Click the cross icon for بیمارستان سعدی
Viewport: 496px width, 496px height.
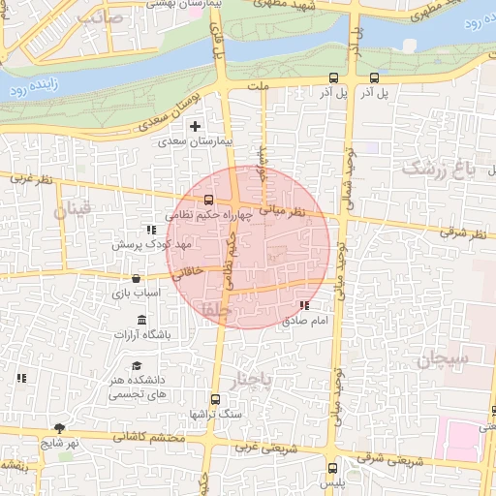(x=196, y=126)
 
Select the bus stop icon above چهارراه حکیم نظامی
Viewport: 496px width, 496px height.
(x=208, y=201)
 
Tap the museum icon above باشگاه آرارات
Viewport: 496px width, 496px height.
(x=142, y=321)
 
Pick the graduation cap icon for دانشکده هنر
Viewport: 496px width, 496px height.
(x=136, y=365)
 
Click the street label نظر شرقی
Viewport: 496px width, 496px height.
(x=459, y=232)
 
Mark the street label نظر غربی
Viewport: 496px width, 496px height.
(x=30, y=178)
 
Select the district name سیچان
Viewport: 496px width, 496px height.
(x=445, y=360)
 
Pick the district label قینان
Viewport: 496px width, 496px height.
(x=73, y=208)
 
